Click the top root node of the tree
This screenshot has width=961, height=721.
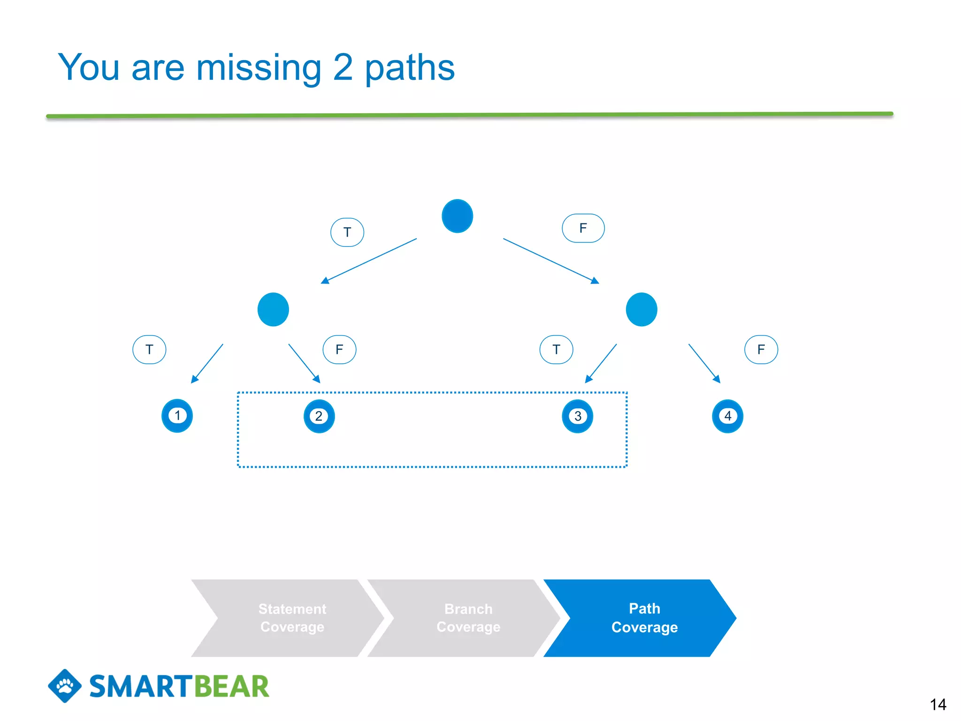click(457, 216)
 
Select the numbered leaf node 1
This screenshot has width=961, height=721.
click(177, 415)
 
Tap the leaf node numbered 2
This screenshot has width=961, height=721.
click(319, 416)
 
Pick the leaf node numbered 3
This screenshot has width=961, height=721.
click(578, 416)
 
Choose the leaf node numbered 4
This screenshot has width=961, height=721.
click(728, 416)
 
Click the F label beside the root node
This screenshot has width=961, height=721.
click(583, 228)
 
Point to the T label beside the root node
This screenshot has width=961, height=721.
click(347, 232)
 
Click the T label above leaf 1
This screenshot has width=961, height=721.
click(149, 349)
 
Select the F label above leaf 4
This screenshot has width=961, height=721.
click(761, 349)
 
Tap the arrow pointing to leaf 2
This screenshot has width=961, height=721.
click(304, 363)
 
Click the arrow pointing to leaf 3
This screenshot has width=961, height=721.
click(601, 363)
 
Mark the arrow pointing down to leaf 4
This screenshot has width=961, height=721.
click(704, 363)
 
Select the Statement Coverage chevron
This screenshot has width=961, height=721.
click(292, 618)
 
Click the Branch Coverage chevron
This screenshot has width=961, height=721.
click(468, 618)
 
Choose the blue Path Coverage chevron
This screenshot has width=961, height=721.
click(644, 618)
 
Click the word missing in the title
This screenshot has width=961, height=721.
click(259, 68)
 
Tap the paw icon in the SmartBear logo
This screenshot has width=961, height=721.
click(65, 686)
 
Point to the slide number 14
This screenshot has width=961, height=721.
click(938, 704)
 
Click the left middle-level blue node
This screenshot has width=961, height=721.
click(273, 309)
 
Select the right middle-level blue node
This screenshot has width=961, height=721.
click(641, 309)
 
